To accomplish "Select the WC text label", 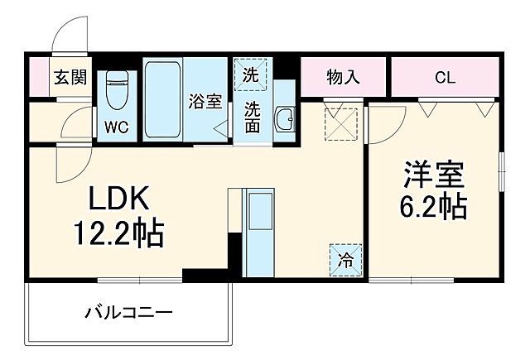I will click(115, 127).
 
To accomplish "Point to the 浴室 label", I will click(205, 102).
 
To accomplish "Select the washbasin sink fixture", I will click(284, 119).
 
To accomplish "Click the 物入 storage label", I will click(342, 79).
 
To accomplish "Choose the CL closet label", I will click(444, 79).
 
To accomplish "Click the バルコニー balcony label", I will click(128, 313).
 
